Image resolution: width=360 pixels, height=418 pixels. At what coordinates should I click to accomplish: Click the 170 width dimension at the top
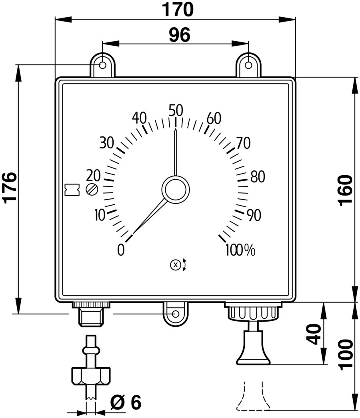tap(178, 10)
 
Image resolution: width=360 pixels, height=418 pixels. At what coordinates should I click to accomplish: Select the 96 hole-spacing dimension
tap(180, 35)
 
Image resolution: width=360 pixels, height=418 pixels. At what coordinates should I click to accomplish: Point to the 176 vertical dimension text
tap(10, 188)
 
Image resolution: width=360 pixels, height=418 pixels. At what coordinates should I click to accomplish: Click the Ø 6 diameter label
tap(126, 402)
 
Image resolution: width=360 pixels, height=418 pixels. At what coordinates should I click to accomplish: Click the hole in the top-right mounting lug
tap(248, 65)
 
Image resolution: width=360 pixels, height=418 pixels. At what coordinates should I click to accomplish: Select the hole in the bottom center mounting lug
tap(176, 314)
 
